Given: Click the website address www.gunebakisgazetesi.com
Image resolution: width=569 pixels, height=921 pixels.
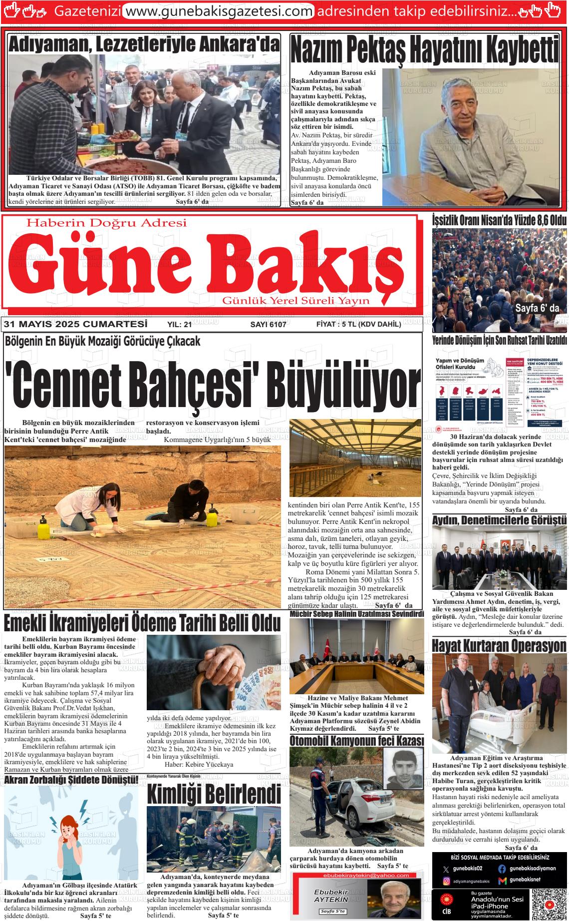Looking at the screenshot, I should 218,10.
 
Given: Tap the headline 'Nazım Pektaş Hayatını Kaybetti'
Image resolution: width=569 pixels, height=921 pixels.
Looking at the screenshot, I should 424,50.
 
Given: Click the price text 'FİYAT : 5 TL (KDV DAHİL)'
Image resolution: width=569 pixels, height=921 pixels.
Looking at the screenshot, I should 358,325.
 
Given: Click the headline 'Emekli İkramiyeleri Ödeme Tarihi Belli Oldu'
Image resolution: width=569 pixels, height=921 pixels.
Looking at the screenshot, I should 142,623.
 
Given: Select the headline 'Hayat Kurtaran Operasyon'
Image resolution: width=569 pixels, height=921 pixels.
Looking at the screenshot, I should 499,646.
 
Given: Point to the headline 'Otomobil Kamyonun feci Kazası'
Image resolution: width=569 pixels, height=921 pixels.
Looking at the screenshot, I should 356,740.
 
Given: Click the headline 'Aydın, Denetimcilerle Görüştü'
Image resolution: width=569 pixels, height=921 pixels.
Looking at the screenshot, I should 499,520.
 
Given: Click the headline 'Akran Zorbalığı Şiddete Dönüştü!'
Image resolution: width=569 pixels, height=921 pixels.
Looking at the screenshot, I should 71,780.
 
